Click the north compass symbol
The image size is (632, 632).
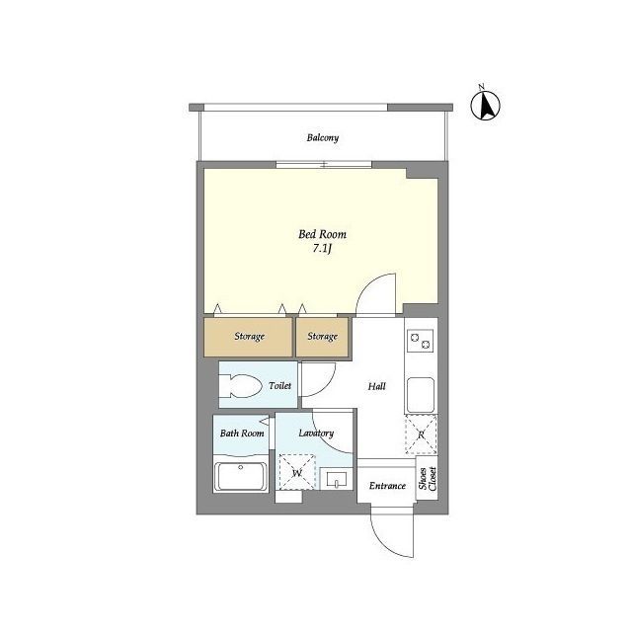tap(485, 105)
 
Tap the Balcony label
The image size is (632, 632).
tap(323, 138)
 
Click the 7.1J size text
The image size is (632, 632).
tap(322, 248)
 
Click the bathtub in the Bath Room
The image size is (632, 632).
tap(241, 476)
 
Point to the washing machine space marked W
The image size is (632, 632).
tap(297, 472)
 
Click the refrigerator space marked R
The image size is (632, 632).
tap(421, 434)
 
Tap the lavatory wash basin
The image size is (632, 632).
tap(337, 479)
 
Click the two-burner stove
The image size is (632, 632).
tap(420, 340)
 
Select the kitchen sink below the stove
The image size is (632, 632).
tap(421, 395)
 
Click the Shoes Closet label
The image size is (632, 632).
tap(428, 478)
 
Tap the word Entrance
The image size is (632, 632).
tap(387, 486)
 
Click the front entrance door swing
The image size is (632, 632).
tap(392, 536)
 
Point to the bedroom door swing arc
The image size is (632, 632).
tap(375, 293)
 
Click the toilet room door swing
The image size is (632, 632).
tap(319, 379)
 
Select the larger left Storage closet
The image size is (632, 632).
tap(248, 337)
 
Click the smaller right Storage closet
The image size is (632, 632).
tap(322, 337)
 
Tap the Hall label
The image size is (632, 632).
tap(377, 386)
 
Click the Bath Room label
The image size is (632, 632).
tap(242, 434)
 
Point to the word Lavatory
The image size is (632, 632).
tap(316, 434)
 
